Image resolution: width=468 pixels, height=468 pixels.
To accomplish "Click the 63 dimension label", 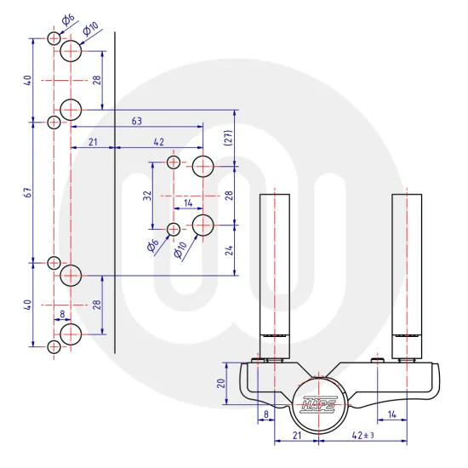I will click(137, 121).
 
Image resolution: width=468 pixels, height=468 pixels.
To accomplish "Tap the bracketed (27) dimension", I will click(229, 139).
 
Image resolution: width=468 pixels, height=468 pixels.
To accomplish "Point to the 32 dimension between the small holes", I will click(147, 196).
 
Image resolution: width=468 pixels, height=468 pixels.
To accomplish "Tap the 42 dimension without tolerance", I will click(159, 141).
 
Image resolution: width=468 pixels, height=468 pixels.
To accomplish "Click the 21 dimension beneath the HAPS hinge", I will click(297, 435).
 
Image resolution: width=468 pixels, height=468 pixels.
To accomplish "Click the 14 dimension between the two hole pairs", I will click(188, 203).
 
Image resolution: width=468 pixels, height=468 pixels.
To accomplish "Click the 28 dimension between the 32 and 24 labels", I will click(229, 196).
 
